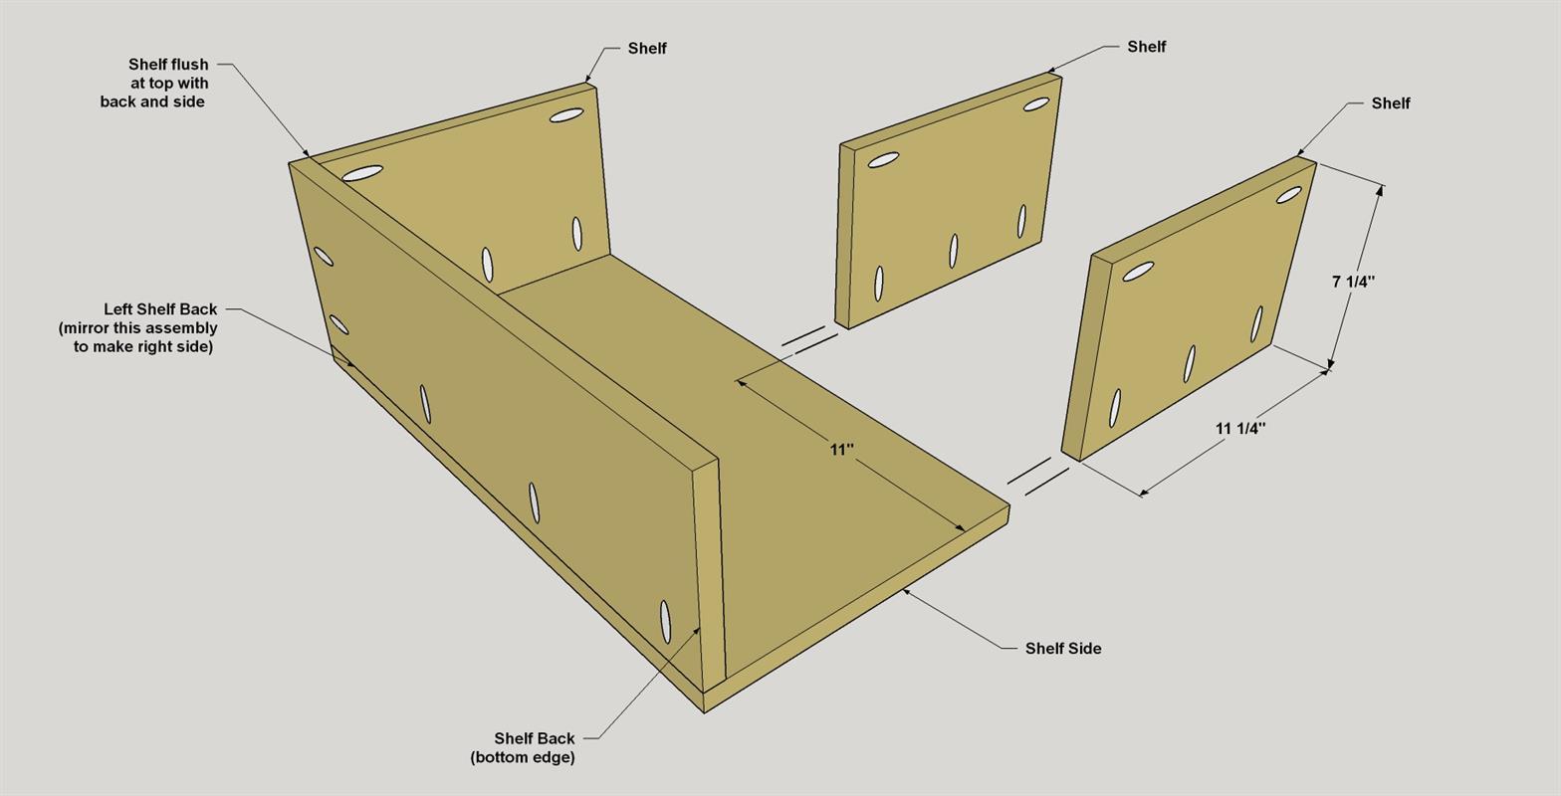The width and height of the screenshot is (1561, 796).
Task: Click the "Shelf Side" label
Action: click(x=1063, y=649)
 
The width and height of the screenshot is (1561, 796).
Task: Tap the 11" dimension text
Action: click(x=842, y=450)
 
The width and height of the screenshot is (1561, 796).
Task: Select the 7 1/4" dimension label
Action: click(x=1353, y=282)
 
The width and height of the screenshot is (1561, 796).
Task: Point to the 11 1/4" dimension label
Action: click(x=1240, y=428)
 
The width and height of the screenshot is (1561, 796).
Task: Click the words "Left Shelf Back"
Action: click(x=160, y=309)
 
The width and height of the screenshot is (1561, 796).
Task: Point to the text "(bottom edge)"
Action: click(x=523, y=757)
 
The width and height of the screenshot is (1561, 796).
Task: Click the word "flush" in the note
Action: click(x=188, y=64)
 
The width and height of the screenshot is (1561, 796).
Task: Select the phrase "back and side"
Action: click(x=152, y=101)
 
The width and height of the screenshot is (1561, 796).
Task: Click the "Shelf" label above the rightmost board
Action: click(x=1390, y=103)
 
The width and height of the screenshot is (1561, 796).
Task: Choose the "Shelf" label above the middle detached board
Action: click(x=1147, y=47)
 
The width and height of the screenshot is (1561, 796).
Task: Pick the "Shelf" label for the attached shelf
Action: click(x=647, y=48)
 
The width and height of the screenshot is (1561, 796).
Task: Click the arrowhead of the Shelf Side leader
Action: click(x=906, y=591)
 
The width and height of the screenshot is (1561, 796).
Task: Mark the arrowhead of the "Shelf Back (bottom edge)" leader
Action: click(x=697, y=630)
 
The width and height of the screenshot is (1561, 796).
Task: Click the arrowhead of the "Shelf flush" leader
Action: click(x=306, y=152)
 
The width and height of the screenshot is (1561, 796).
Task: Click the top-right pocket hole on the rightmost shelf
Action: click(x=1288, y=195)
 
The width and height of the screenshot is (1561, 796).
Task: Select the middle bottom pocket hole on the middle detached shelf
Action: click(x=954, y=251)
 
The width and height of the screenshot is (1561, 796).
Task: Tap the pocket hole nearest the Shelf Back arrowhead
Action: click(x=665, y=622)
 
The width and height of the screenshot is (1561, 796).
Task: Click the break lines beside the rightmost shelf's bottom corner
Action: click(x=1038, y=476)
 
